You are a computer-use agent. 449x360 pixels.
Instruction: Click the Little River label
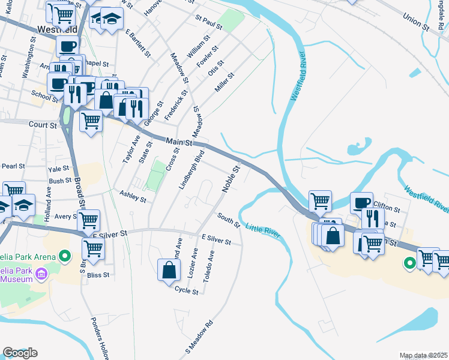(x=263, y=230)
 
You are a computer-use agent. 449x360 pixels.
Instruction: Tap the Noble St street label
(x=232, y=179)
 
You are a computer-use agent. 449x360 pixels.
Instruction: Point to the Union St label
(x=416, y=23)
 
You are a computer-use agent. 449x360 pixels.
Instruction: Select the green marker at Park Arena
(x=65, y=257)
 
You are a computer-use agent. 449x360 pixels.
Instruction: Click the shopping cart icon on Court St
(x=91, y=121)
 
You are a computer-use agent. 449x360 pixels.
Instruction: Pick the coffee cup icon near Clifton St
(x=362, y=202)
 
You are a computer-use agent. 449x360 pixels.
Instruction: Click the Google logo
(x=20, y=353)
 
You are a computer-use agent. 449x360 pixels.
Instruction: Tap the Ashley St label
(x=133, y=196)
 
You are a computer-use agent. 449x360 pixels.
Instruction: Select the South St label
(x=229, y=220)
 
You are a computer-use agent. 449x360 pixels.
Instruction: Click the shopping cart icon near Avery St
(x=88, y=221)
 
